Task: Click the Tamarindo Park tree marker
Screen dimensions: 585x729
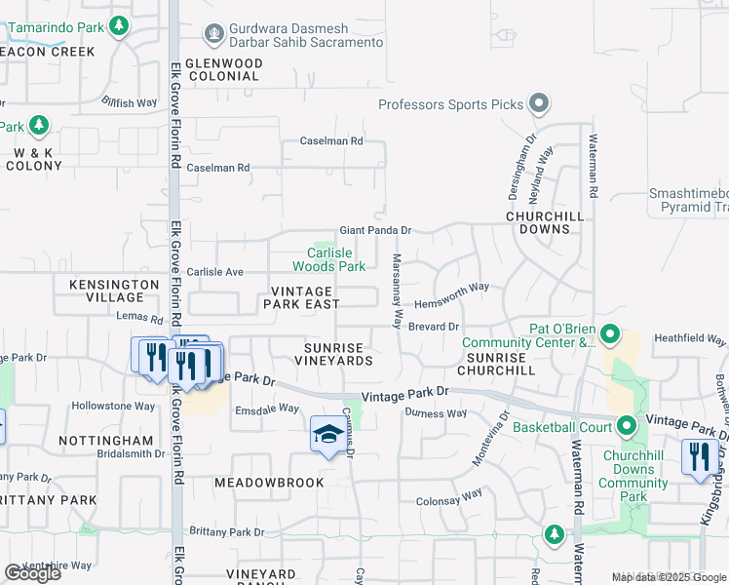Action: [x=119, y=25]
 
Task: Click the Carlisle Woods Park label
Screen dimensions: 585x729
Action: [x=329, y=259]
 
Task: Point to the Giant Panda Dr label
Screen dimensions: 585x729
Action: [x=375, y=231]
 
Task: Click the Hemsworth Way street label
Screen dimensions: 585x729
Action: [x=451, y=288]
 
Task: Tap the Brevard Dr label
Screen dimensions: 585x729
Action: [x=433, y=327]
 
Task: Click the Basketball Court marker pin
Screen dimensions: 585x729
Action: [x=625, y=425]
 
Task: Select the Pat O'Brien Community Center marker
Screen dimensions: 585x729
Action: [x=610, y=334]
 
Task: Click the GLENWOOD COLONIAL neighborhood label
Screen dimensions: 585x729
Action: [x=223, y=69]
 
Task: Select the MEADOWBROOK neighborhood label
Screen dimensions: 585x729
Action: [x=260, y=483]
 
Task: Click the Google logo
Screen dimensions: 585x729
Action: [x=32, y=573]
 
